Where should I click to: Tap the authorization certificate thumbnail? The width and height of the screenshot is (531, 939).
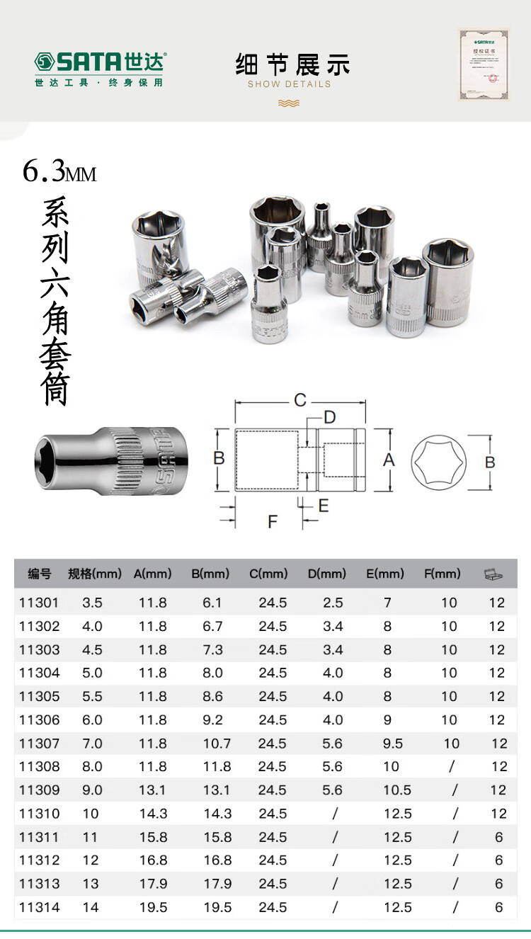point(484,63)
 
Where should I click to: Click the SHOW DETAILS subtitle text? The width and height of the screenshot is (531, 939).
point(289,84)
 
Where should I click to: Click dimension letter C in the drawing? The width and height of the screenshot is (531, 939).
point(300,401)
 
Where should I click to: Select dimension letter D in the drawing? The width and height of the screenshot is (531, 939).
point(329,416)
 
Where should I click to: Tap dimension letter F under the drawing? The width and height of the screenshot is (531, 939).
point(273,522)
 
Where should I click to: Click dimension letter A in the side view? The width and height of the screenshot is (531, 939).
point(389,460)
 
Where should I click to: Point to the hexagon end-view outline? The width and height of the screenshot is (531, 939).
point(439,462)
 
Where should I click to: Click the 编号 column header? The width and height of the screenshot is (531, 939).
point(40,574)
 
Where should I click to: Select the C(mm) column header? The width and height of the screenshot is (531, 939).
point(268,574)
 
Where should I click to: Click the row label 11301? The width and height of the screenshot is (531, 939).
point(40,603)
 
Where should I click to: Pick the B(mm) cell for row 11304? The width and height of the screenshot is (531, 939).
point(212,673)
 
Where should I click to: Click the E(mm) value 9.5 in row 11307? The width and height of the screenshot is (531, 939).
point(392,744)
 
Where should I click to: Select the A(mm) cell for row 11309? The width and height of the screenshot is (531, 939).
point(153,790)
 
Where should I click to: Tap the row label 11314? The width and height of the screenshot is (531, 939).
point(40,907)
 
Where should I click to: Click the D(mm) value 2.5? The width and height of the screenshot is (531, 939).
point(333,603)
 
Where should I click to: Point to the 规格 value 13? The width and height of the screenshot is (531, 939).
point(91,884)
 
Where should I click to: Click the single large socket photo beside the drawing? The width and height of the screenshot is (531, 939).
point(104,460)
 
